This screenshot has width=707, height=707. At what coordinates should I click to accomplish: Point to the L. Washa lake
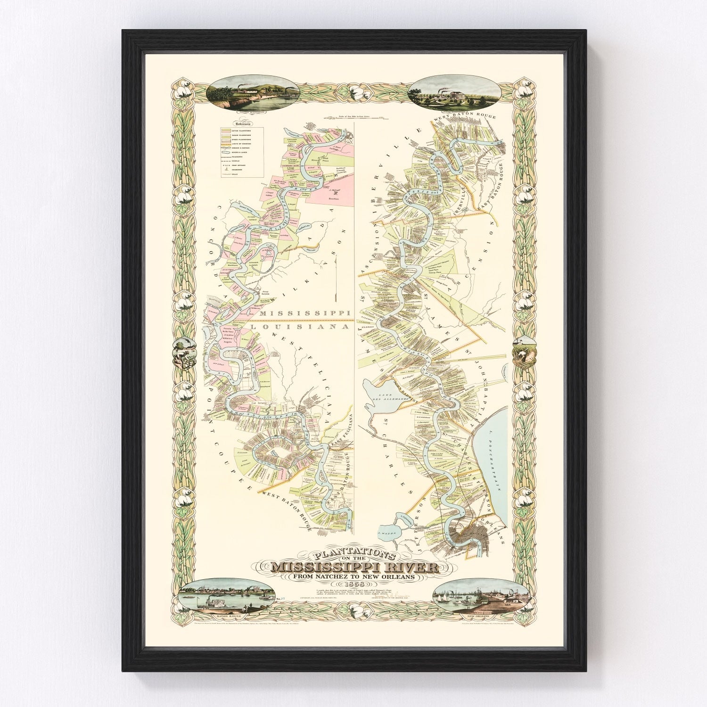point(386,533)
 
